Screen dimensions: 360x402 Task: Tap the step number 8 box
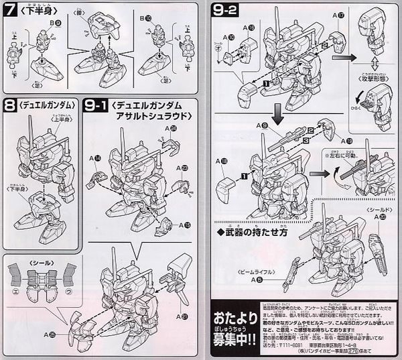[x=11, y=105]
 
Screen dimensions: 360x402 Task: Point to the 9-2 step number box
[x=224, y=11]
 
